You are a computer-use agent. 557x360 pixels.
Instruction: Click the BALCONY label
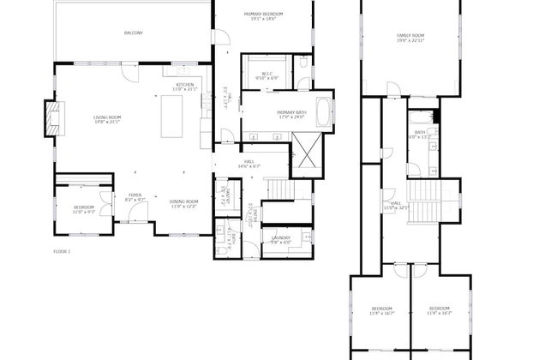(133, 33)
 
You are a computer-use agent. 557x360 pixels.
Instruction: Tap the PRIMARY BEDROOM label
(263, 15)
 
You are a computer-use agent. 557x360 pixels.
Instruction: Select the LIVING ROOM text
(106, 117)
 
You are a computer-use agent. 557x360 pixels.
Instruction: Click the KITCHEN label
(185, 84)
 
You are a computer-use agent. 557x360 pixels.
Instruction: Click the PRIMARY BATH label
(290, 113)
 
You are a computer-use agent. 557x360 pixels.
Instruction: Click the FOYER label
(135, 195)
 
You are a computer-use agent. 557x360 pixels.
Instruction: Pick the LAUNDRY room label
(281, 237)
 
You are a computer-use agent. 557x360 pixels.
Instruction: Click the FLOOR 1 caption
(62, 251)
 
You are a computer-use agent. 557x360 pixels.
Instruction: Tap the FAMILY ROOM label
(410, 35)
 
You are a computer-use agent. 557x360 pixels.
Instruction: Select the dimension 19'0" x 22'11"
(410, 40)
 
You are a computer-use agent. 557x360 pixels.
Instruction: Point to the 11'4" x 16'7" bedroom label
(381, 310)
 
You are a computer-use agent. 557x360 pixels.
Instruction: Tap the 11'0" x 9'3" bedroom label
(83, 208)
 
